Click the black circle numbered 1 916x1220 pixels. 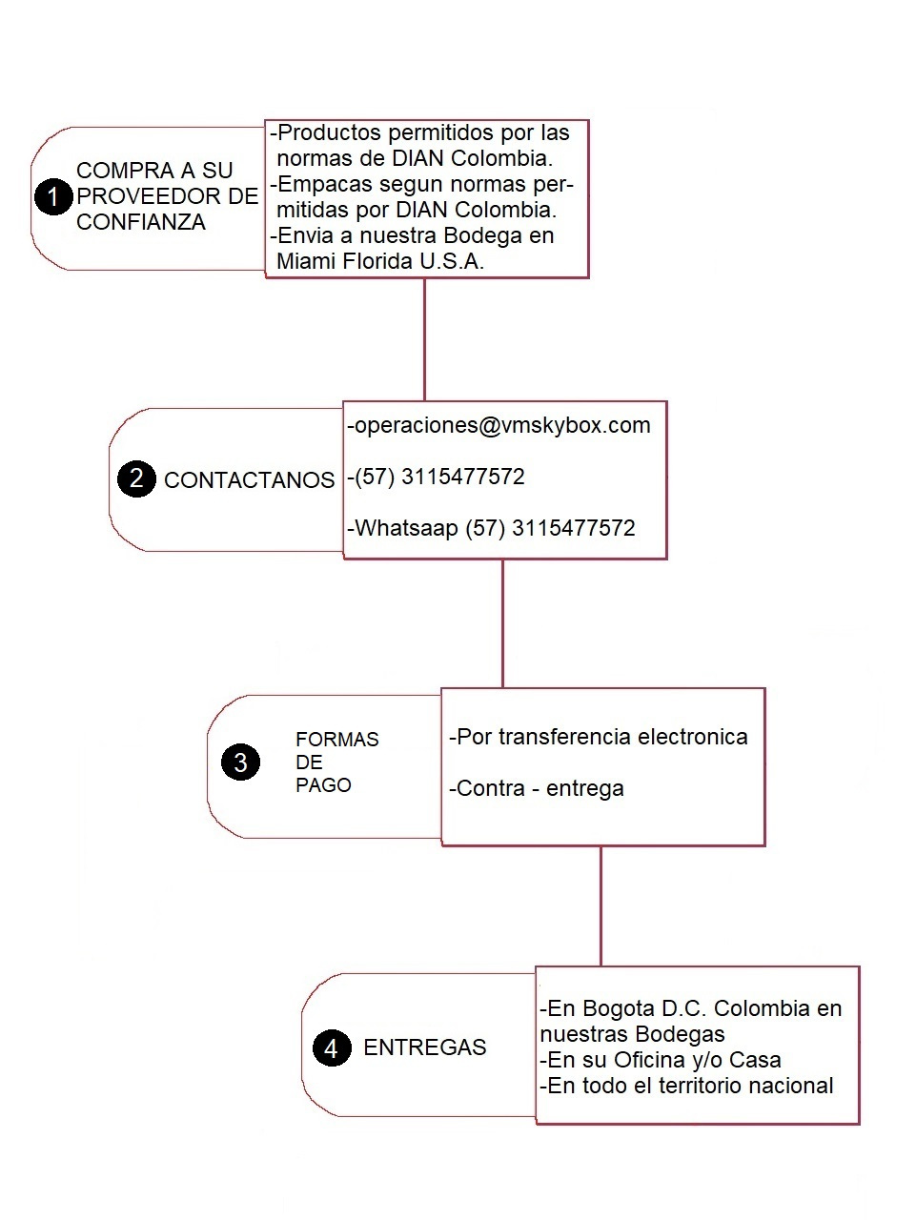(x=53, y=197)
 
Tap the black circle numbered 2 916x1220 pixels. (x=136, y=478)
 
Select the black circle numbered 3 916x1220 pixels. (x=240, y=762)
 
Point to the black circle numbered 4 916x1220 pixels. (x=331, y=1048)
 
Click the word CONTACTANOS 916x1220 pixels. (x=249, y=480)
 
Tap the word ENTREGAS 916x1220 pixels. (x=424, y=1047)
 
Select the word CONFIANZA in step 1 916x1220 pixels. (x=141, y=222)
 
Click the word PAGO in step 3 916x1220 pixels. (x=323, y=785)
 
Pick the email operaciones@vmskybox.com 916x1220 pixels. (x=501, y=426)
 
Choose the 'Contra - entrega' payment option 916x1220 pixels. (x=539, y=789)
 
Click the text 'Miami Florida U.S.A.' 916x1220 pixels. (x=380, y=262)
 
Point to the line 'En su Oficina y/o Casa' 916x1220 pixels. (x=662, y=1060)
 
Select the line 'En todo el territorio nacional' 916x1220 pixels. (x=688, y=1086)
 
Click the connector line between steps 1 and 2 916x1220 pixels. (x=424, y=338)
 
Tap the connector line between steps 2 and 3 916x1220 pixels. (x=502, y=622)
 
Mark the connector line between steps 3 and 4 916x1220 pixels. (x=600, y=905)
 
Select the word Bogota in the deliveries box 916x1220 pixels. (x=619, y=1008)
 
